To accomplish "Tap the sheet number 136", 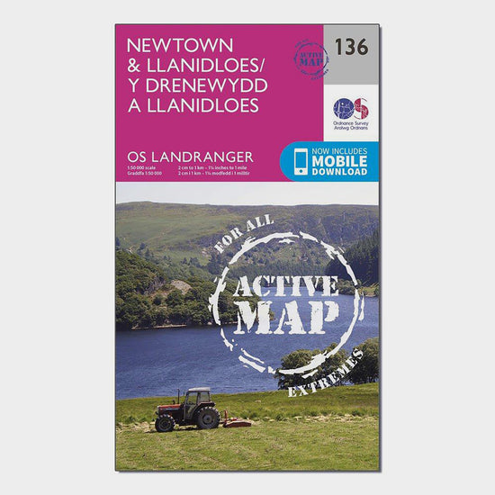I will [351, 47].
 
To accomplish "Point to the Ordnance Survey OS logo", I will [351, 108].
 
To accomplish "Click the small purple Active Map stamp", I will [310, 58].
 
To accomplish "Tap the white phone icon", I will [297, 161].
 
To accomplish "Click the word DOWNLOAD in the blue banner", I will [340, 171].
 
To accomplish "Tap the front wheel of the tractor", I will [165, 422].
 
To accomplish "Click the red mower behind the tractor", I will [236, 419].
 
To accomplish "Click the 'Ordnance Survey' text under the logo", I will [352, 125].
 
